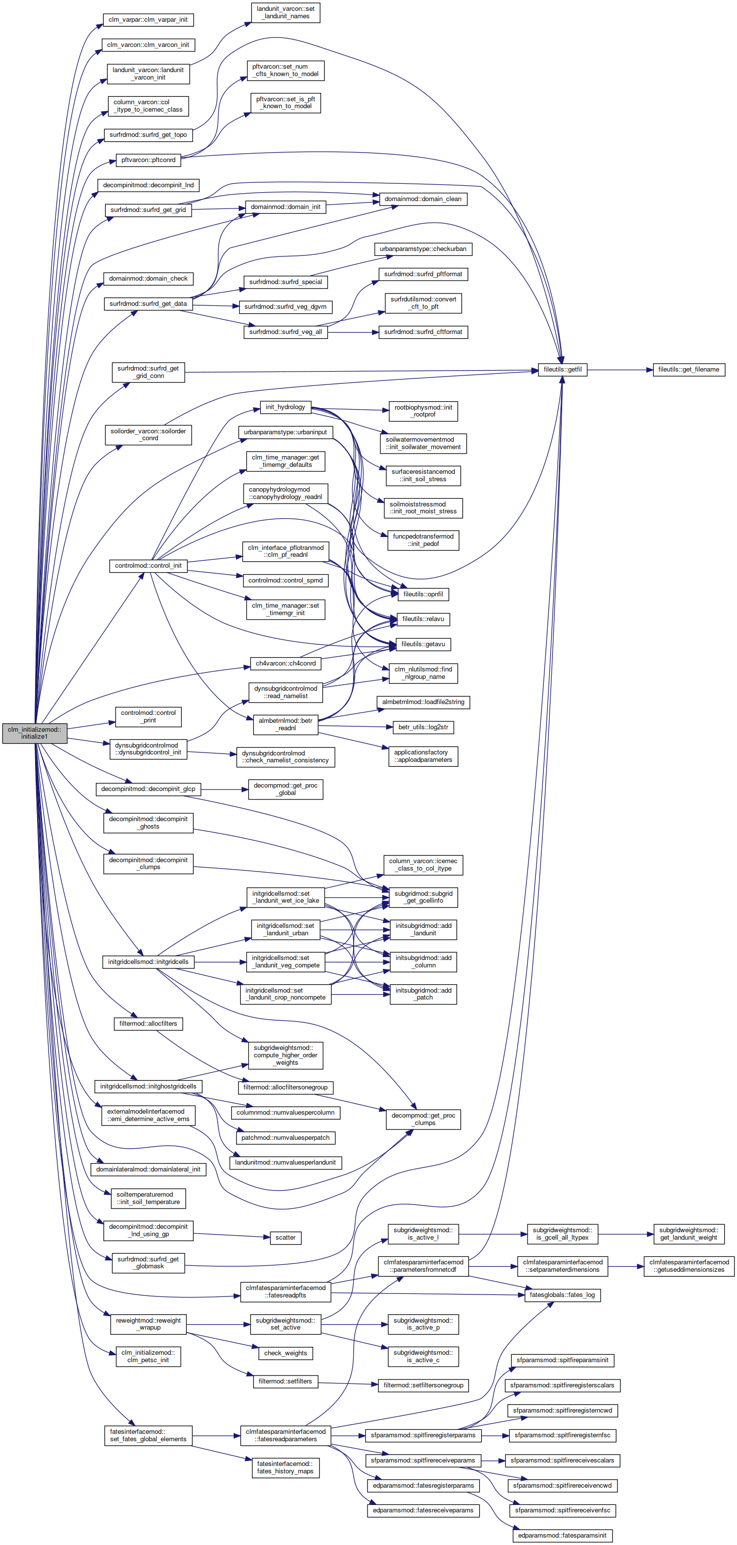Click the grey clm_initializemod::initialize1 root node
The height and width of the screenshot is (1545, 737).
34,733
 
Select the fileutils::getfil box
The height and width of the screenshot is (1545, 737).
563,370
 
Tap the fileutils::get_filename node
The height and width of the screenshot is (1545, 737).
689,370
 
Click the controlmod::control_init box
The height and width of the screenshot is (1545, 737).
148,566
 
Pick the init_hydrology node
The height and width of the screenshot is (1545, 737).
286,407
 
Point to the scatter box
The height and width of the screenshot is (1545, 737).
286,1237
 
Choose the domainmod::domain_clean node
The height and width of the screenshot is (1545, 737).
423,199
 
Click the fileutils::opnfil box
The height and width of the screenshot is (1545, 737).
423,594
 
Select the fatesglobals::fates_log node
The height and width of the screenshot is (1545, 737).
563,1295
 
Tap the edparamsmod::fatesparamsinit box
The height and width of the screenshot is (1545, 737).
563,1531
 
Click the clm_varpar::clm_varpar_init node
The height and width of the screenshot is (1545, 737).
148,20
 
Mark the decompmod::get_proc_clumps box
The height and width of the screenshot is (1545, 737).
423,1119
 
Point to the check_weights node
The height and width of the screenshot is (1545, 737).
286,1353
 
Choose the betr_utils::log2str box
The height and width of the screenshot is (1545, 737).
423,727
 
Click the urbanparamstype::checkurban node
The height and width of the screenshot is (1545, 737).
423,249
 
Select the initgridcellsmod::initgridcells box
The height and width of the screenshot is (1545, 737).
148,962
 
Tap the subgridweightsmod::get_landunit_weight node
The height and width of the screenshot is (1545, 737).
689,1234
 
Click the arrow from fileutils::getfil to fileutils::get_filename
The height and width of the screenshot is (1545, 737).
620,370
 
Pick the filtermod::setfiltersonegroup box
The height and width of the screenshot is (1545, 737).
423,1385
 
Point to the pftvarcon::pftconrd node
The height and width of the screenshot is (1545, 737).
148,160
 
